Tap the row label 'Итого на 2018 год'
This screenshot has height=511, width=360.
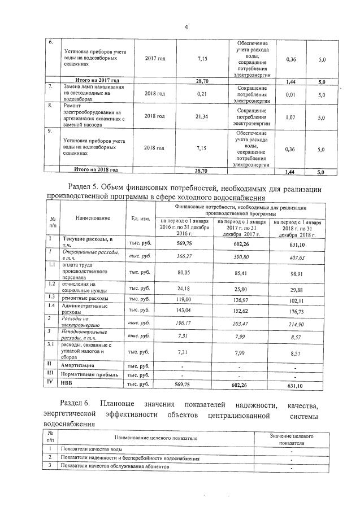[97, 169]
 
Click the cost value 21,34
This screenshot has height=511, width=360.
[202, 116]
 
